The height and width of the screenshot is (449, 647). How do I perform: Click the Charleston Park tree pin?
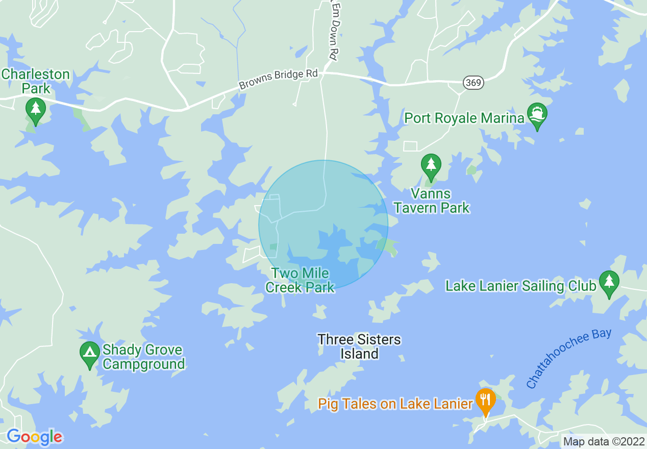(x=35, y=109)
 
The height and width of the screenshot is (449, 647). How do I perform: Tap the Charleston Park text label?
(x=35, y=81)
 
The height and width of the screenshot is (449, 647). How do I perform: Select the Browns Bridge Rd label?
(x=278, y=80)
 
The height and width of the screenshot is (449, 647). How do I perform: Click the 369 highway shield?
(x=474, y=82)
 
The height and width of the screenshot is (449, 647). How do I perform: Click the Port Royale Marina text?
(x=464, y=118)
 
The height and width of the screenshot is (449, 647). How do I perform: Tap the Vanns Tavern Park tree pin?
(x=431, y=165)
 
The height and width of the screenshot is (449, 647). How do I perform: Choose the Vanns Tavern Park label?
(x=432, y=201)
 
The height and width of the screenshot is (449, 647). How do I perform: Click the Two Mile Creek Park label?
(x=300, y=281)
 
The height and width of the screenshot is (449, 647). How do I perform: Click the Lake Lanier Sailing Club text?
(x=520, y=286)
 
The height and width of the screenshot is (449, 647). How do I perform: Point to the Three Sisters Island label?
(x=359, y=346)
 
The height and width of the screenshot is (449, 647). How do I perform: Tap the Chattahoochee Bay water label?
(x=568, y=358)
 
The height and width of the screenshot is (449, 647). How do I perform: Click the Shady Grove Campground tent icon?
(x=90, y=353)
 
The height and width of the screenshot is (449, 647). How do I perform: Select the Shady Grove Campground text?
(x=143, y=357)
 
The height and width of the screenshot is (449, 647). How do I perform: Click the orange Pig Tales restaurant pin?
(x=485, y=400)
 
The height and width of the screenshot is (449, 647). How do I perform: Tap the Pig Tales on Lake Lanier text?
(x=395, y=404)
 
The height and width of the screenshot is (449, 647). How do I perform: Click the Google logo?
(x=34, y=437)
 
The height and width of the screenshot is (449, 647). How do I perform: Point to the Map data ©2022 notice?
(x=603, y=441)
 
